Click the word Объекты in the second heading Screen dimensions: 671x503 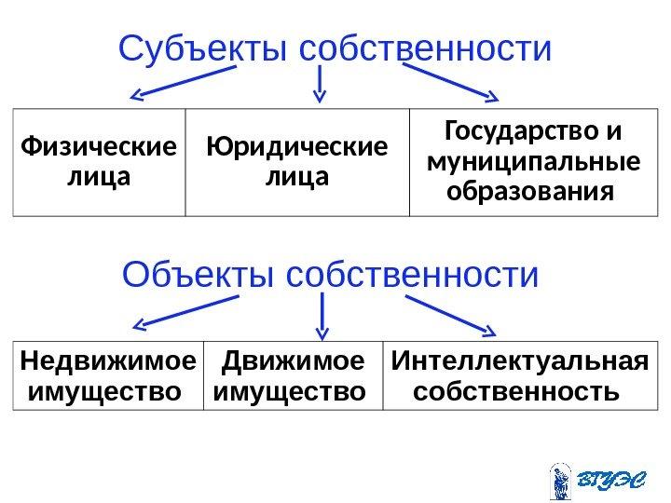tap(199, 276)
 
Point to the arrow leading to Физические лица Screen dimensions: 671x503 tap(183, 81)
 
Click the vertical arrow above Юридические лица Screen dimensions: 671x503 tap(320, 82)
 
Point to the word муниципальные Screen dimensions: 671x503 tap(533, 162)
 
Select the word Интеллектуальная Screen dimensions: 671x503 tap(520, 360)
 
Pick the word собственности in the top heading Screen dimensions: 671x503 tap(426, 49)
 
